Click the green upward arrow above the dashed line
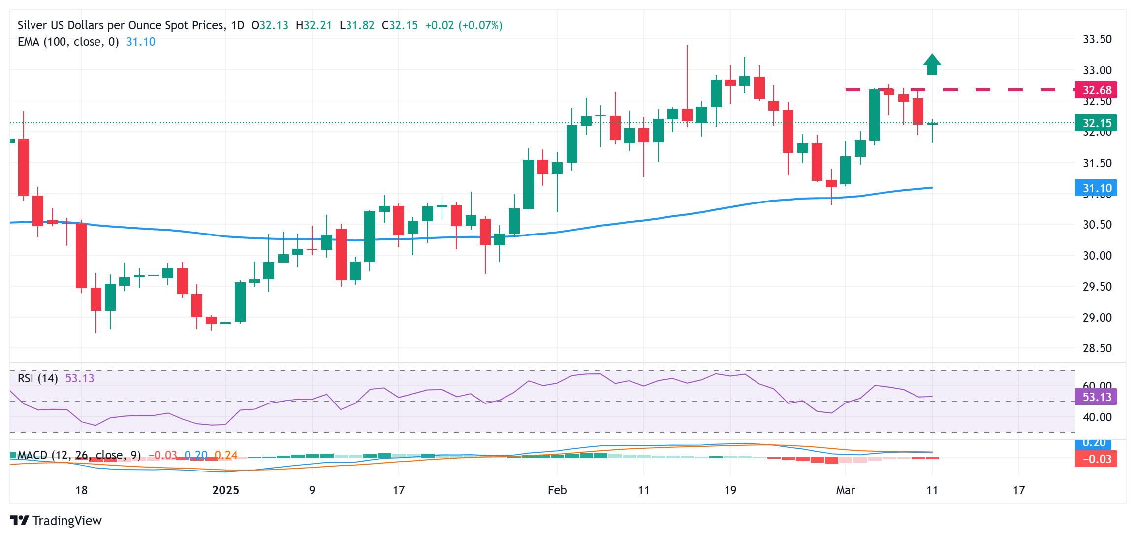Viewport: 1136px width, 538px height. [932, 65]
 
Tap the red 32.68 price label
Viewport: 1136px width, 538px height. [1096, 90]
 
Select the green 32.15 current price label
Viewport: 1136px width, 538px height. [1096, 123]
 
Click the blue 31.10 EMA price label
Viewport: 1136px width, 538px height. [1096, 188]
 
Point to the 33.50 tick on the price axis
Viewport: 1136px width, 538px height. [1097, 39]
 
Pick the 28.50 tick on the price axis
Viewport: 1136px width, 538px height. [1097, 348]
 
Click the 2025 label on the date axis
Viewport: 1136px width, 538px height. [225, 490]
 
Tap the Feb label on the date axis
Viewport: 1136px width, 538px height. [557, 490]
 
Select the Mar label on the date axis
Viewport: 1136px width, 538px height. [845, 490]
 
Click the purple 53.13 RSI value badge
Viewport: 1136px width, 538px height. [1096, 397]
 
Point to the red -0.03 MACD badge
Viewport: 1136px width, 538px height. [1096, 459]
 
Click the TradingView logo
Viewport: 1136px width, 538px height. [56, 521]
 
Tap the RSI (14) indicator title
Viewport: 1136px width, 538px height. [37, 378]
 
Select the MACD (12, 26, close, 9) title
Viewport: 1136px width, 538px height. [79, 455]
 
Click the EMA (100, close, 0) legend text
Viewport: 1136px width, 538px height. [68, 42]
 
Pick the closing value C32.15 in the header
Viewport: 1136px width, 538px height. [400, 25]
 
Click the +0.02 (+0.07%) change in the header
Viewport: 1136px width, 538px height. [463, 25]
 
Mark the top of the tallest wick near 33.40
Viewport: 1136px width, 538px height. [687, 46]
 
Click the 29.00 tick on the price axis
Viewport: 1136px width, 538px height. [1097, 317]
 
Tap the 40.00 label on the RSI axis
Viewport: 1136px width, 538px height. [1097, 417]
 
